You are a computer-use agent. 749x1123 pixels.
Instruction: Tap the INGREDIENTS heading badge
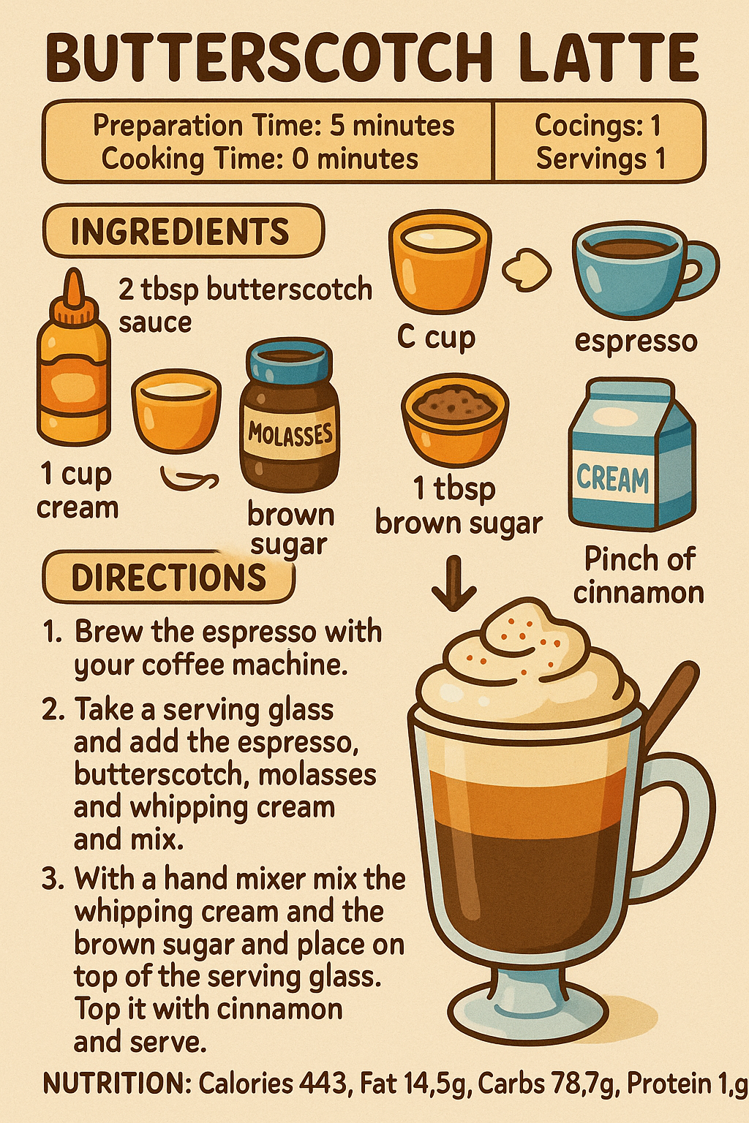(181, 232)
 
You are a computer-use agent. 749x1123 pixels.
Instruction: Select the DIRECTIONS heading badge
(168, 578)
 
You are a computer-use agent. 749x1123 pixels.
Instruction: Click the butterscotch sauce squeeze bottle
(74, 366)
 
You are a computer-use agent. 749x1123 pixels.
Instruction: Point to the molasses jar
(290, 417)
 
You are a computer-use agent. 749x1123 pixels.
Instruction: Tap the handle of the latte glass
(684, 812)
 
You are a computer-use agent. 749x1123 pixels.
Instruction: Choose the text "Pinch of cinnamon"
(639, 575)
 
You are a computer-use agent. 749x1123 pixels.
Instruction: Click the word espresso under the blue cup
(636, 341)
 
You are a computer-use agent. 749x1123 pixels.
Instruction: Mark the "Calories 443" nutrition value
(273, 1084)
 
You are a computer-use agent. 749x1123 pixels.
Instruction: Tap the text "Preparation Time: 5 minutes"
(274, 126)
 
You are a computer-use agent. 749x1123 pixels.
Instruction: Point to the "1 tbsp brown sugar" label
(458, 506)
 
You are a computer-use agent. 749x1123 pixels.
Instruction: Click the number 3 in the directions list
(52, 879)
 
